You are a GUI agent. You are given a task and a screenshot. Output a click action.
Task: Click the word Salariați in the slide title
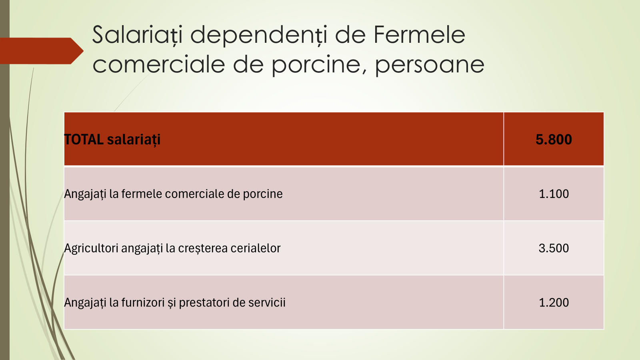click(138, 35)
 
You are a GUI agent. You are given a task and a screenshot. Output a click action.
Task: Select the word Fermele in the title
click(420, 34)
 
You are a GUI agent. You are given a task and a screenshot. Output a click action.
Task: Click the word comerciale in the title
click(159, 64)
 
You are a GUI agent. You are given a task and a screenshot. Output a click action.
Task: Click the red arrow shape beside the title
click(42, 51)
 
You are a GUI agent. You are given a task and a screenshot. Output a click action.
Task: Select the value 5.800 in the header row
click(554, 140)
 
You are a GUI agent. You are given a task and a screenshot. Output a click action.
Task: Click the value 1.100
click(554, 194)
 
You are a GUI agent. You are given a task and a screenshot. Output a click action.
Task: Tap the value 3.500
click(554, 248)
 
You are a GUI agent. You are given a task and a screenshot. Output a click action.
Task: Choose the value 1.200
click(554, 302)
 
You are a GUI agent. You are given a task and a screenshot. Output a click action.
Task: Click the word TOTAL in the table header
click(84, 140)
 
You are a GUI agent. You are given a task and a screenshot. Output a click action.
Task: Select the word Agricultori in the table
click(91, 248)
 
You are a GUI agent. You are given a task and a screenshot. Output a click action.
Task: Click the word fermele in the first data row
click(142, 194)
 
